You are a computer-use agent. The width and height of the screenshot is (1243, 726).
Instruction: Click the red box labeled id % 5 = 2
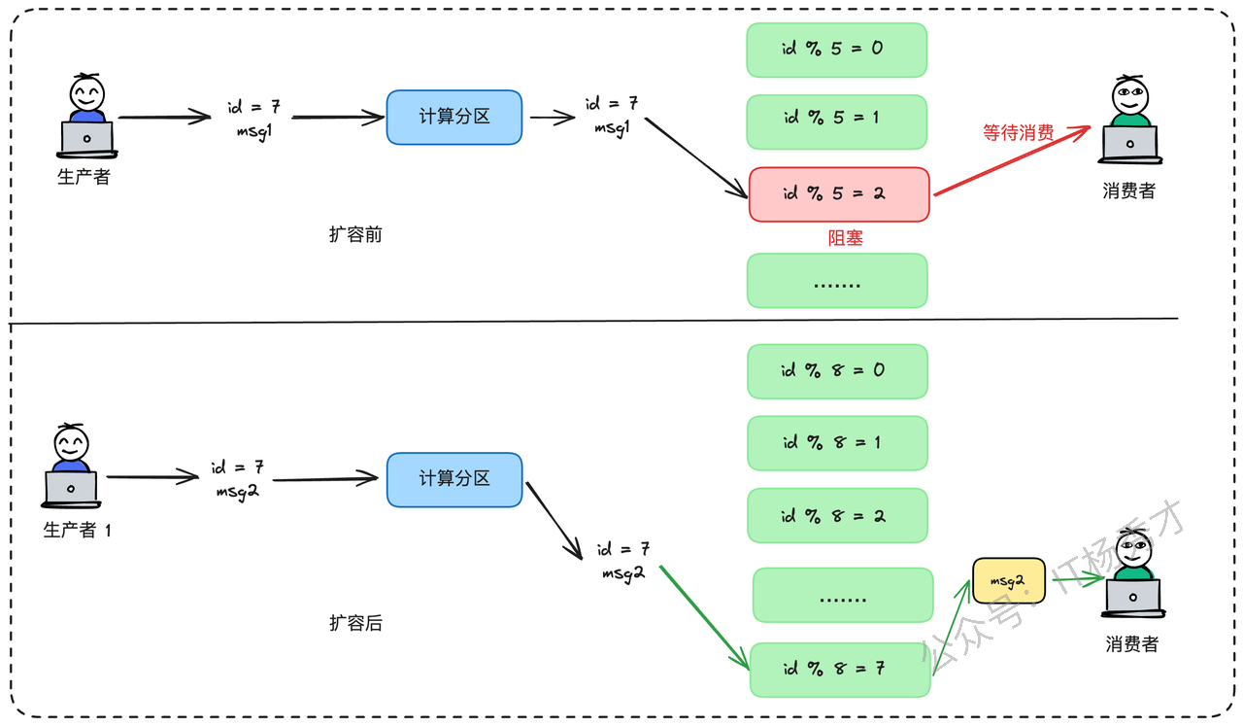click(x=839, y=194)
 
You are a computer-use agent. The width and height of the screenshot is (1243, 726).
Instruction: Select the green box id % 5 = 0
click(x=837, y=50)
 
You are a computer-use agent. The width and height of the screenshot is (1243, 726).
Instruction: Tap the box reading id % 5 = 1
click(x=837, y=122)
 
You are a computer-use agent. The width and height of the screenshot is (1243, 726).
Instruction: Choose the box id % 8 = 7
click(x=840, y=670)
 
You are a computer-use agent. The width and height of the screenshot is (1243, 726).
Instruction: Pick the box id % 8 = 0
click(x=837, y=371)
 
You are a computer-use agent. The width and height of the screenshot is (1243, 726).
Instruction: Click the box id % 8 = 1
click(x=837, y=443)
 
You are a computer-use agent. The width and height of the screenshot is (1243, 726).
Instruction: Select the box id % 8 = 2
click(x=837, y=515)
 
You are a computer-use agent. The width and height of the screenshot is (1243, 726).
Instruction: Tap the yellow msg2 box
click(x=1009, y=581)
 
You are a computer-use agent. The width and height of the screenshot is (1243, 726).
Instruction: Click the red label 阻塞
click(x=845, y=238)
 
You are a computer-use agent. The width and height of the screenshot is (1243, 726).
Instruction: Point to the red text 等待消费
click(x=1019, y=133)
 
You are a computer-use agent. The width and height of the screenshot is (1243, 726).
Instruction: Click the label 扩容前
click(x=355, y=234)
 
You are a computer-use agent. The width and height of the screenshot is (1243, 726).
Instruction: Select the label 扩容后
click(x=355, y=623)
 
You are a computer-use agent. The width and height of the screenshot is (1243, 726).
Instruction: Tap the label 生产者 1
click(x=77, y=530)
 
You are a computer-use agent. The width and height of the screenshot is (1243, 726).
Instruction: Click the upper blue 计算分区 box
click(x=454, y=118)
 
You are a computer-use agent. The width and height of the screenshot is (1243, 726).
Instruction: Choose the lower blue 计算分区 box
click(x=454, y=480)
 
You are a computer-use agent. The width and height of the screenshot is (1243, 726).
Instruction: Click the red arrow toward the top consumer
click(x=1012, y=161)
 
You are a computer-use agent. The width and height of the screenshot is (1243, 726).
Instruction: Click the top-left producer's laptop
click(x=87, y=139)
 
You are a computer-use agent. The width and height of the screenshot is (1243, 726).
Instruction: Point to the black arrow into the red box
click(x=696, y=157)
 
